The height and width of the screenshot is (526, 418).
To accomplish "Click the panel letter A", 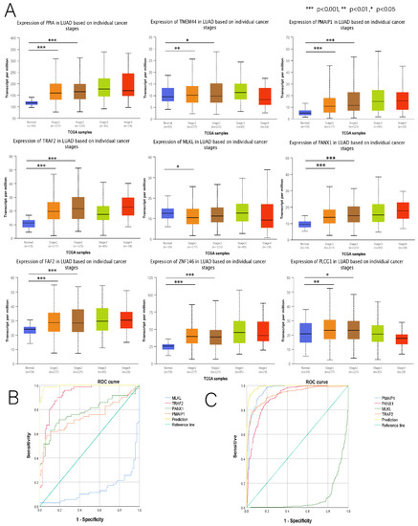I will (8, 7).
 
